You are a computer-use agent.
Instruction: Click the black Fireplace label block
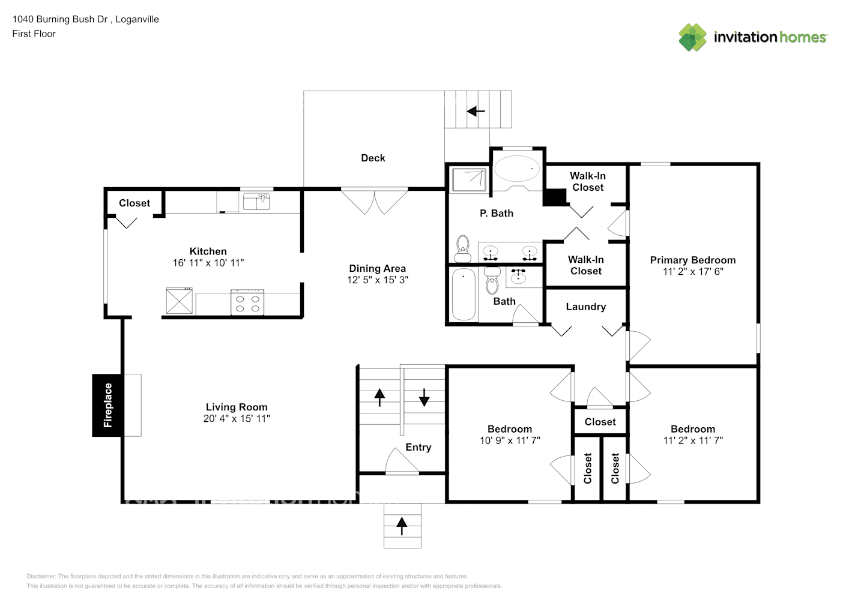coord(107,405)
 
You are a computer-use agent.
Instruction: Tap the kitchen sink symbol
coord(256,201)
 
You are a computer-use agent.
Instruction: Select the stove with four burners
coord(247,302)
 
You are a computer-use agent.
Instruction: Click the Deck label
coord(373,158)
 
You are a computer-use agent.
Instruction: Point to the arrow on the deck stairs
coord(476,111)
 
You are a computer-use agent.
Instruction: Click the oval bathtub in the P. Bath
coord(516,169)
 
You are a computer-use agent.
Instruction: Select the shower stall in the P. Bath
coord(470,180)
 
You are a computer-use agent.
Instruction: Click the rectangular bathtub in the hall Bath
coord(464,294)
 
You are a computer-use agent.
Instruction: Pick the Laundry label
coord(585,307)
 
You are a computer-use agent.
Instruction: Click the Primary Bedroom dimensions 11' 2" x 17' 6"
coord(693,271)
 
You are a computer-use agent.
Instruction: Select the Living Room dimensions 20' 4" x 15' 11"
coord(237,418)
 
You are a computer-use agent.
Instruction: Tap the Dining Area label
coord(377,268)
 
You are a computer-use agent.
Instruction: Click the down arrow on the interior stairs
coord(424,397)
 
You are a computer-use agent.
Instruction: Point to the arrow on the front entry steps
coord(402,526)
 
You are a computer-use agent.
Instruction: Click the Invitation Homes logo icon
coord(692,37)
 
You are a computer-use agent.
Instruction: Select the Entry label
coord(418,447)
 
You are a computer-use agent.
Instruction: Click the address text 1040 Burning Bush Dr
coord(60,19)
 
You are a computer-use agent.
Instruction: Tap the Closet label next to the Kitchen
coord(134,203)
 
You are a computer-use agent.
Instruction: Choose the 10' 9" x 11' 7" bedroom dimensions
coord(510,440)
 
